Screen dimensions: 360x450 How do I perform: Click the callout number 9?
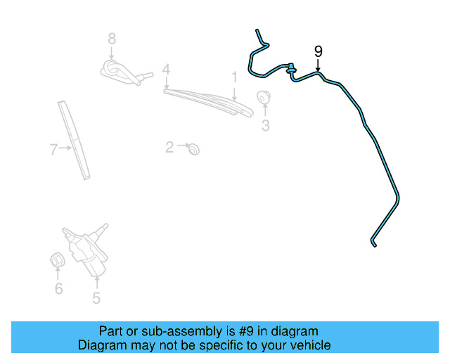coord(319,51)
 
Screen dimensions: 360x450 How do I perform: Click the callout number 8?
coord(111,38)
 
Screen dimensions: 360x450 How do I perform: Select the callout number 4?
coord(166,70)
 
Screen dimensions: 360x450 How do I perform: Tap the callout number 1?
coord(234,75)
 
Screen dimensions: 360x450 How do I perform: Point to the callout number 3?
coord(266,126)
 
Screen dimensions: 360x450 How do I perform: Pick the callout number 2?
coord(169,147)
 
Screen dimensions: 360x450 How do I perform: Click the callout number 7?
coord(53,148)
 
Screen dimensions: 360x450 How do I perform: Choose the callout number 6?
coord(58,288)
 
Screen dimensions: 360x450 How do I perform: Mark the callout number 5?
coord(96,297)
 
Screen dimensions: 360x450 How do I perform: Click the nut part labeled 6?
coord(58,259)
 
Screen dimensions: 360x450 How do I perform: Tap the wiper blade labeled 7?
coord(76,141)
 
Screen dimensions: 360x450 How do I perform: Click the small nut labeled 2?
coord(194,148)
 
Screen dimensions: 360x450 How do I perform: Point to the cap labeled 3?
coord(264,97)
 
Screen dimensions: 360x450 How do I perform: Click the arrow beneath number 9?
coord(319,65)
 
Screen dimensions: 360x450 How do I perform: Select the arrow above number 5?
coord(96,280)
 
